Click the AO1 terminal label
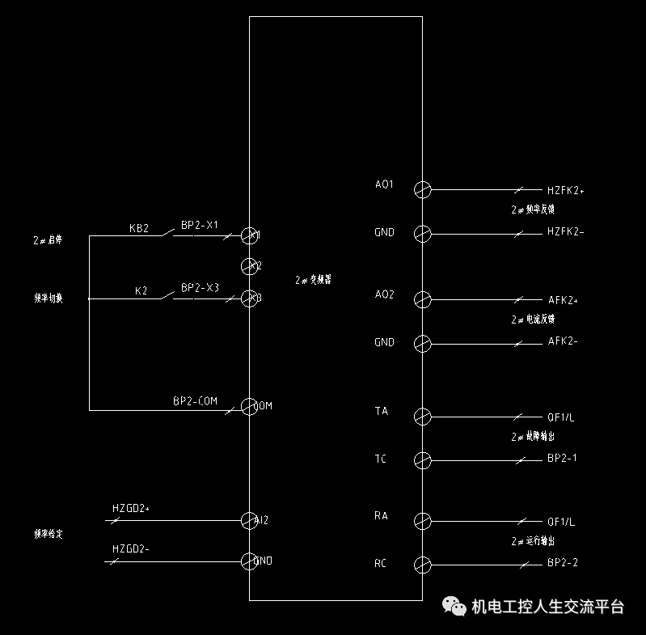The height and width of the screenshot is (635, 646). pos(384,184)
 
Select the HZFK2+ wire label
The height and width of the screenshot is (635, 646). pos(565,191)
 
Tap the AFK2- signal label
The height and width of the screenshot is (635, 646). pos(563,341)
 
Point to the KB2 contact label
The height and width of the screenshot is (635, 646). pos(139,229)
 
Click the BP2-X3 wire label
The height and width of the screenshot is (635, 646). pos(200,288)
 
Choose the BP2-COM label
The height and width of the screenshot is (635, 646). pos(195,401)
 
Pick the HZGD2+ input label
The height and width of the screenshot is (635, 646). pos(131,509)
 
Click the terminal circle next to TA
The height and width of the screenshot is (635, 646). pos(422,417)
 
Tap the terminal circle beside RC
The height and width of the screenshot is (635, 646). pos(422,564)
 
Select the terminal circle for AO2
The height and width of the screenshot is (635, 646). pos(422,300)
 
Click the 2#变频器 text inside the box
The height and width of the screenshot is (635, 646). pos(313,280)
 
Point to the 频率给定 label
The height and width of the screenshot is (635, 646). pos(48,534)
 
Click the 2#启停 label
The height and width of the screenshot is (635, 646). pos(48,240)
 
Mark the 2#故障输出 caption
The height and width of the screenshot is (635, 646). pos(533,437)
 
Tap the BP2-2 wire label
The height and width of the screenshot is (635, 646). pos(563,562)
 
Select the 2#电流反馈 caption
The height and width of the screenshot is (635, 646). pos(533,320)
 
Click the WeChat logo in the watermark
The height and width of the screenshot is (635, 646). pos(453,607)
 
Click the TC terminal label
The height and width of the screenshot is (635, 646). pos(380,459)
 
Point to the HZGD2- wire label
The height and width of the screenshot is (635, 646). pos(131,550)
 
